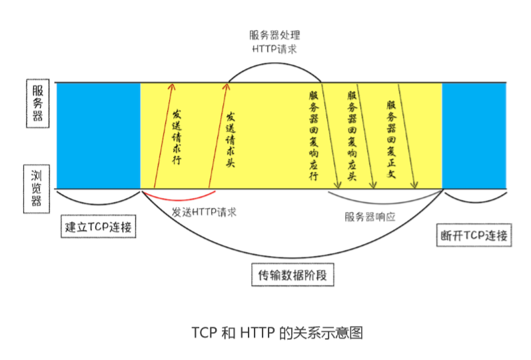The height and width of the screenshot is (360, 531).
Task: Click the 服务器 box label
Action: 37,104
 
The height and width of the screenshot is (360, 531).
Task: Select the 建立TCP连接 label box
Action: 99,226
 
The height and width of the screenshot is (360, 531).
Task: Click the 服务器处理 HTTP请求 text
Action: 274,42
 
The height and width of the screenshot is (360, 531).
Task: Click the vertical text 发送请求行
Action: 177,136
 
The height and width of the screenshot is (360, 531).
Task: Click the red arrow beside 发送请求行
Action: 161,136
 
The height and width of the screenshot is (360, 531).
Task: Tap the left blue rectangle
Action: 97,136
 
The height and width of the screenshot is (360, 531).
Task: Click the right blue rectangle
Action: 474,136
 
